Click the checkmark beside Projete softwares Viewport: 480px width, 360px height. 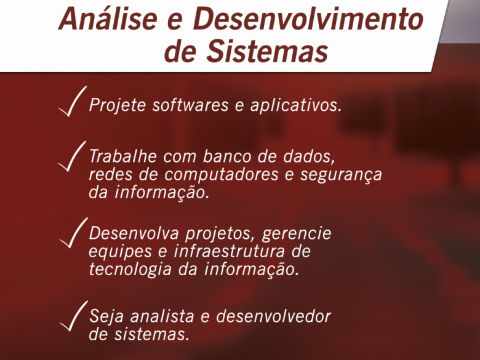click(73, 101)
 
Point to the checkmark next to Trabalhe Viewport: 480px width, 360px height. click(72, 156)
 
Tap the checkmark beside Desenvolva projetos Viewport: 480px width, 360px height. click(73, 233)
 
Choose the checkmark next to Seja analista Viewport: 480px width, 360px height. click(73, 316)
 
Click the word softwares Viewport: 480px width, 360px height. click(190, 105)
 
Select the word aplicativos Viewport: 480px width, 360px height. click(296, 106)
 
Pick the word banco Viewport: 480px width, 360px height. click(227, 156)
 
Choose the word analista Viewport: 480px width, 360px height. click(162, 316)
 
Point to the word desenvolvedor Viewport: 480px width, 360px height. click(274, 316)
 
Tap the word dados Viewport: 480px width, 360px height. click(309, 156)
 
